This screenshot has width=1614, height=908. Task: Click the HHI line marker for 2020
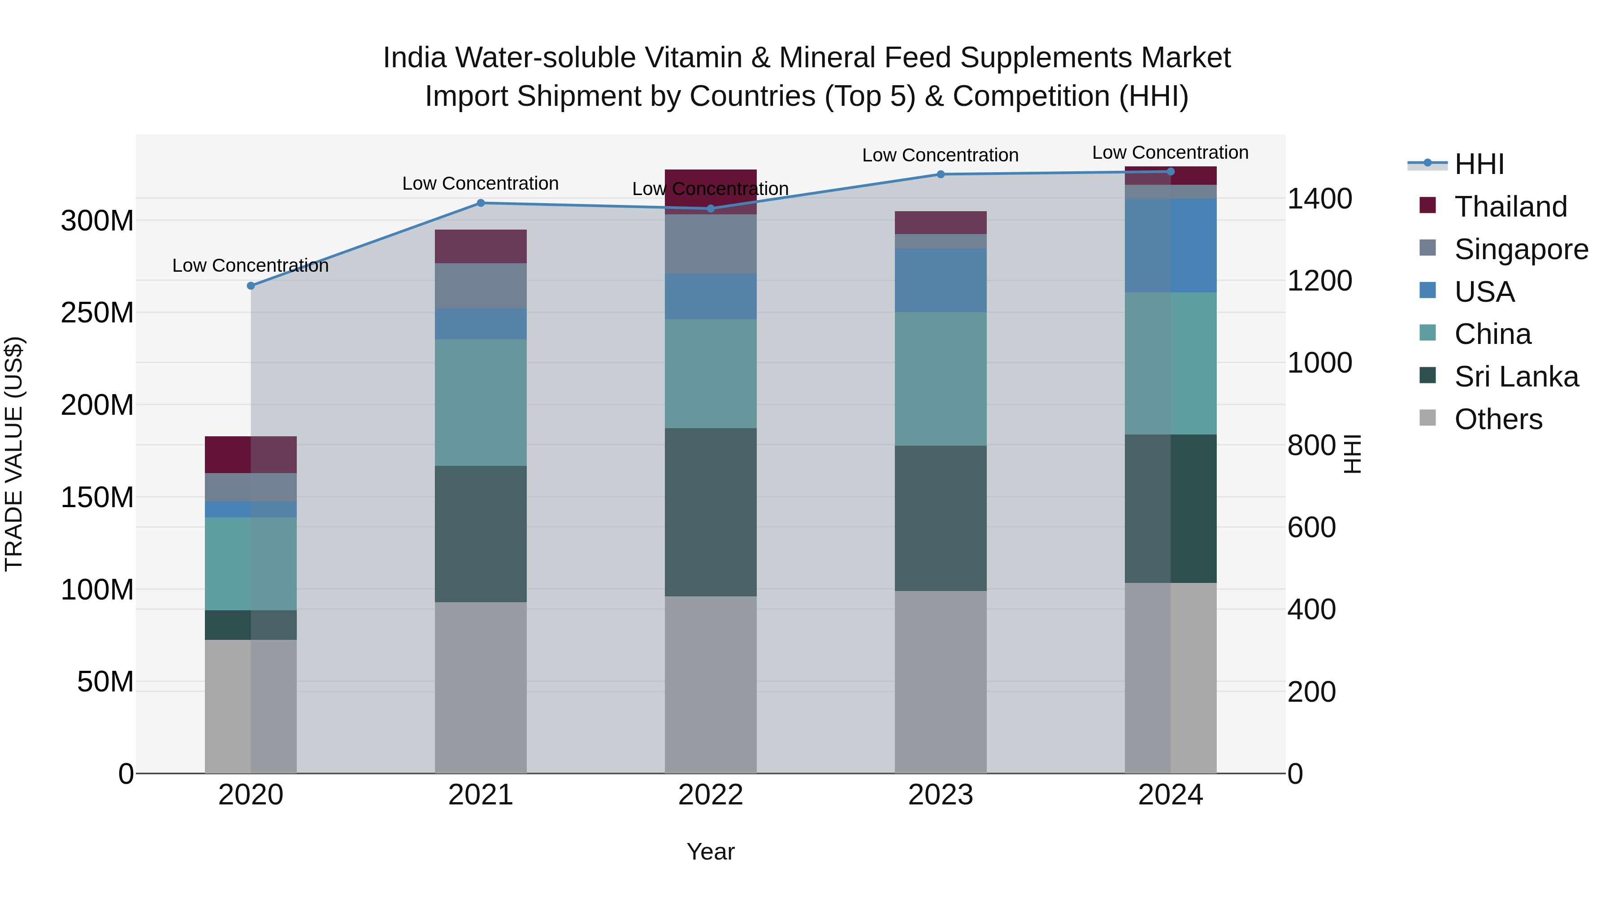click(251, 286)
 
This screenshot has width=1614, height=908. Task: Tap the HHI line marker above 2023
click(941, 174)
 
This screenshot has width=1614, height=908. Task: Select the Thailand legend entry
click(1510, 207)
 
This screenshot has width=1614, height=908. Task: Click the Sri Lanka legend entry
click(1516, 377)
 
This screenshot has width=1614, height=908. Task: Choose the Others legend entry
click(1497, 419)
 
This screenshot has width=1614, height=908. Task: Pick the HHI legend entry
click(1478, 164)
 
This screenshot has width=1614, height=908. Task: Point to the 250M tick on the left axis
click(97, 313)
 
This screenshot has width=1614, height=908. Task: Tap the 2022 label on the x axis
click(711, 795)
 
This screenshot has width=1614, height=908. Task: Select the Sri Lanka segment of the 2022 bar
click(711, 512)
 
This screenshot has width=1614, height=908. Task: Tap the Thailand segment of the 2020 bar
click(251, 454)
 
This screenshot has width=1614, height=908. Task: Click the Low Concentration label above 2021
click(481, 183)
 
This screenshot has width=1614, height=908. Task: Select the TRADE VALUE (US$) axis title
click(14, 454)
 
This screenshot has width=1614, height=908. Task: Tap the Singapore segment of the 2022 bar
click(711, 244)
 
